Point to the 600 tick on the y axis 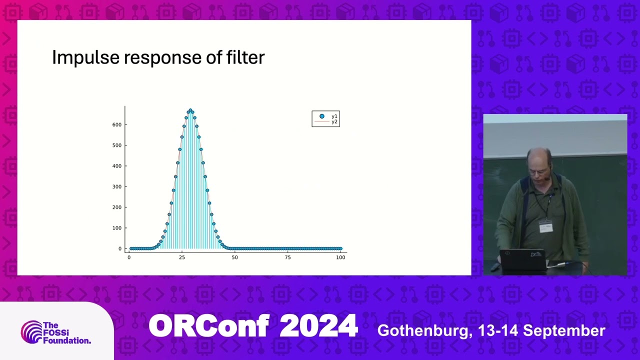click(x=116, y=124)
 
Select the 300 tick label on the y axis click(x=116, y=186)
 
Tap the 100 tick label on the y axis click(x=116, y=228)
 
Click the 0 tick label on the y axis click(x=120, y=248)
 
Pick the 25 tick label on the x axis click(x=182, y=257)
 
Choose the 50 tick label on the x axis click(x=235, y=257)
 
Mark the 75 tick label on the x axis click(x=287, y=257)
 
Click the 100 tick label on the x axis click(x=340, y=257)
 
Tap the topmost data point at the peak click(x=190, y=110)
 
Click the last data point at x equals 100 click(x=340, y=248)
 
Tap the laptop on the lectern click(x=522, y=260)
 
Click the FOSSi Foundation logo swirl click(x=31, y=332)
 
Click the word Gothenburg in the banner click(x=423, y=330)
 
